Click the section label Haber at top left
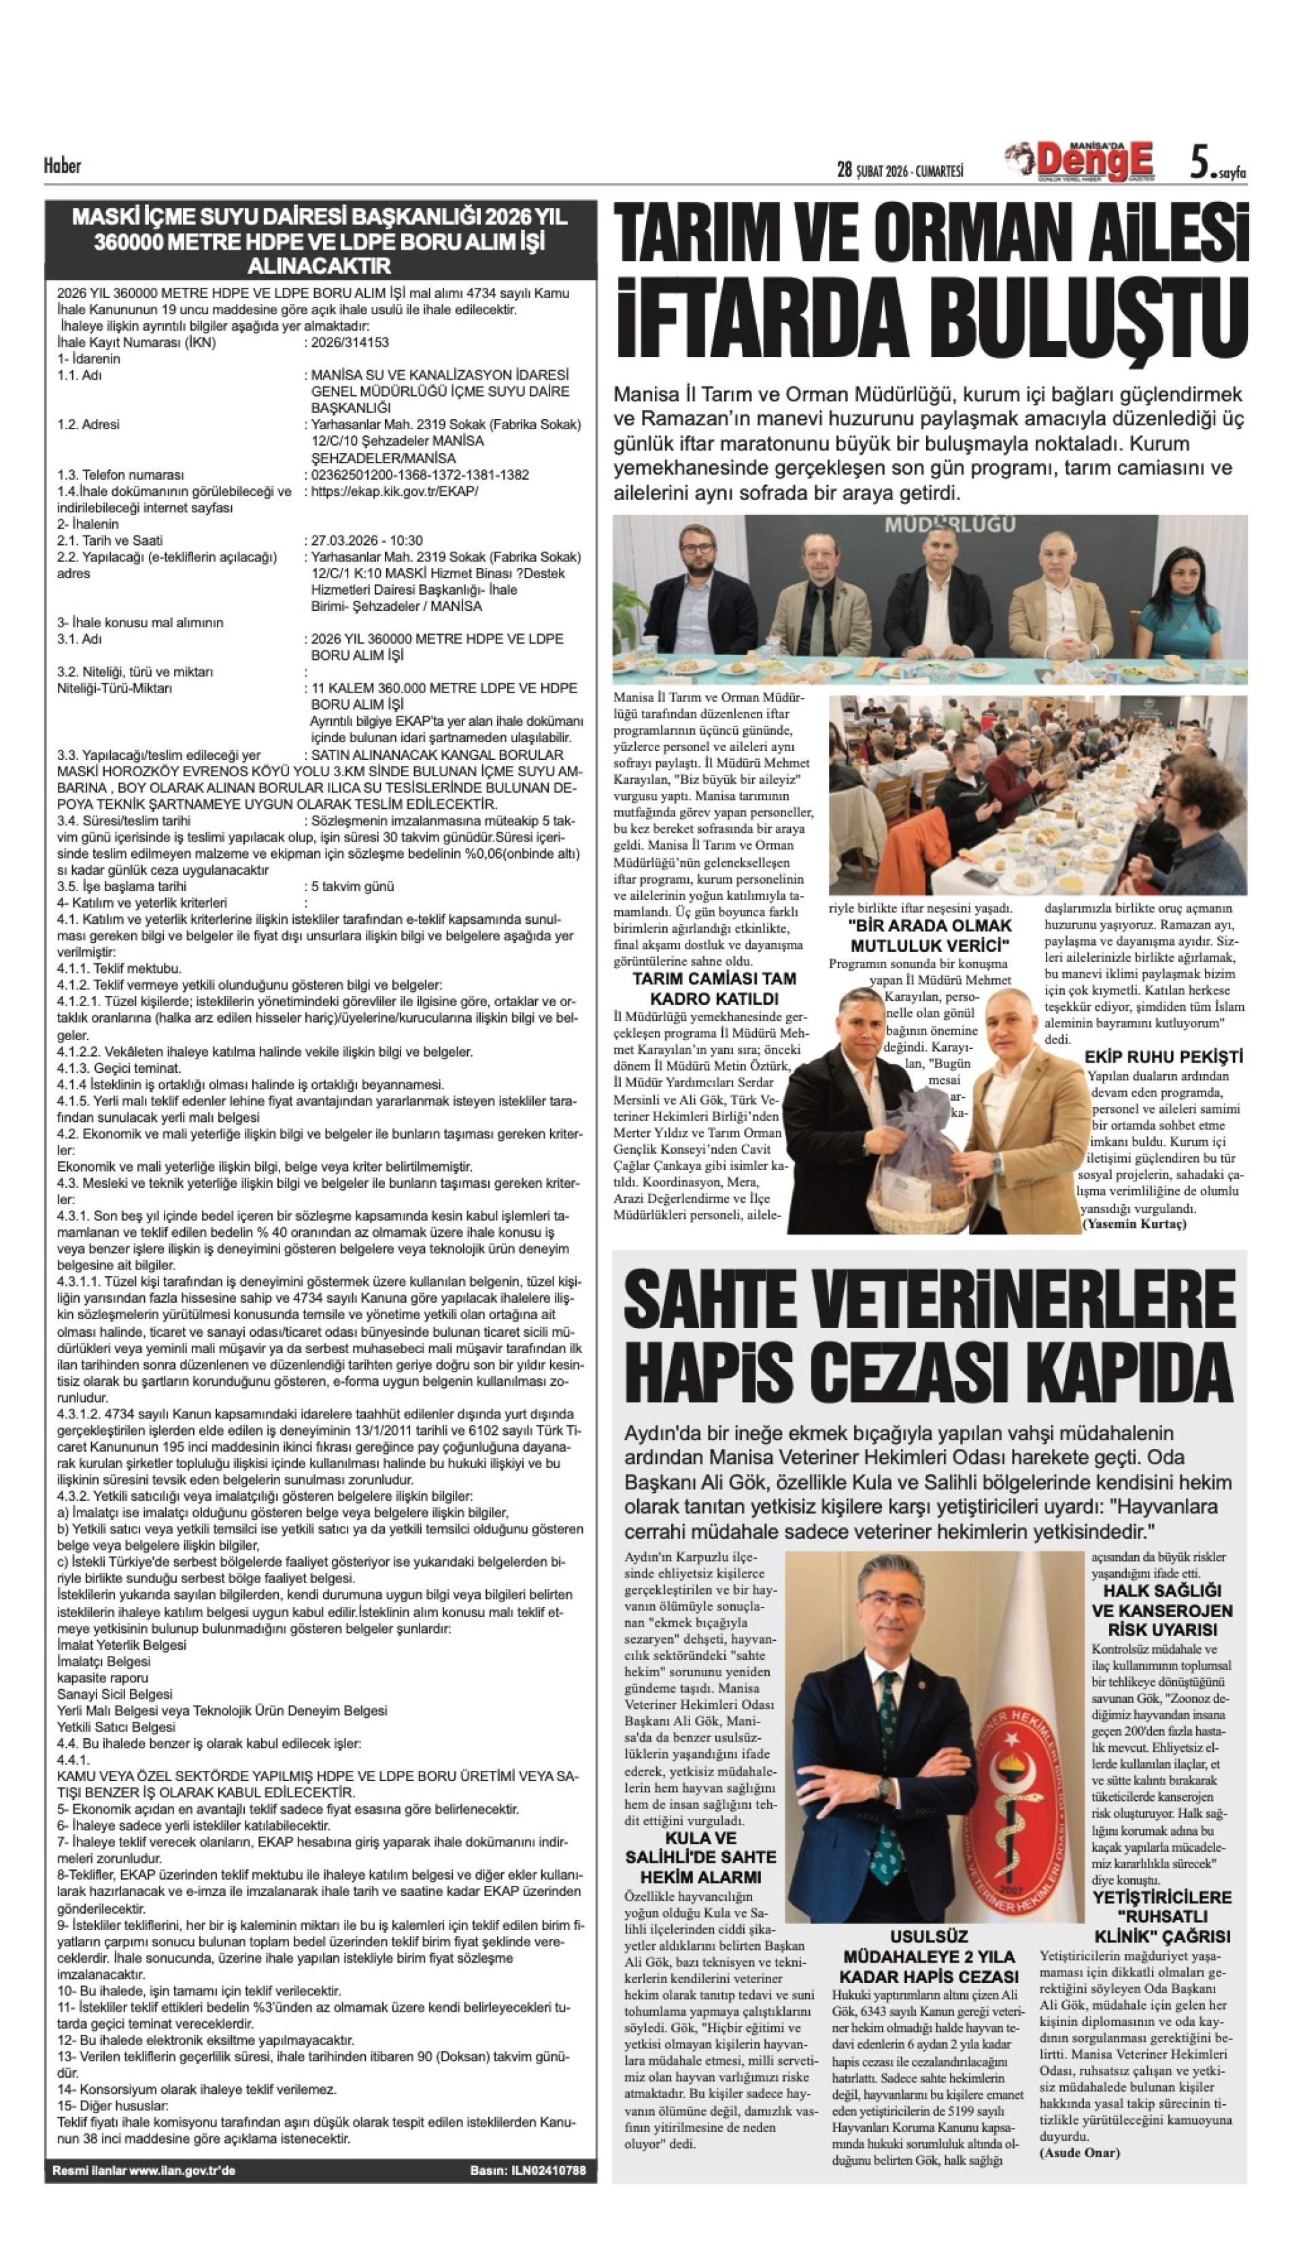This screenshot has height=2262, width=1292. click(x=62, y=165)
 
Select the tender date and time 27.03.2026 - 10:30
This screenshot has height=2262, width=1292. click(x=367, y=539)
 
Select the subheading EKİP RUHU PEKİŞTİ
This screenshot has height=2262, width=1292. click(x=1163, y=1057)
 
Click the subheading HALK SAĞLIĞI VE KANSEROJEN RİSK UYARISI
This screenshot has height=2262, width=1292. click(x=1162, y=1610)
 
